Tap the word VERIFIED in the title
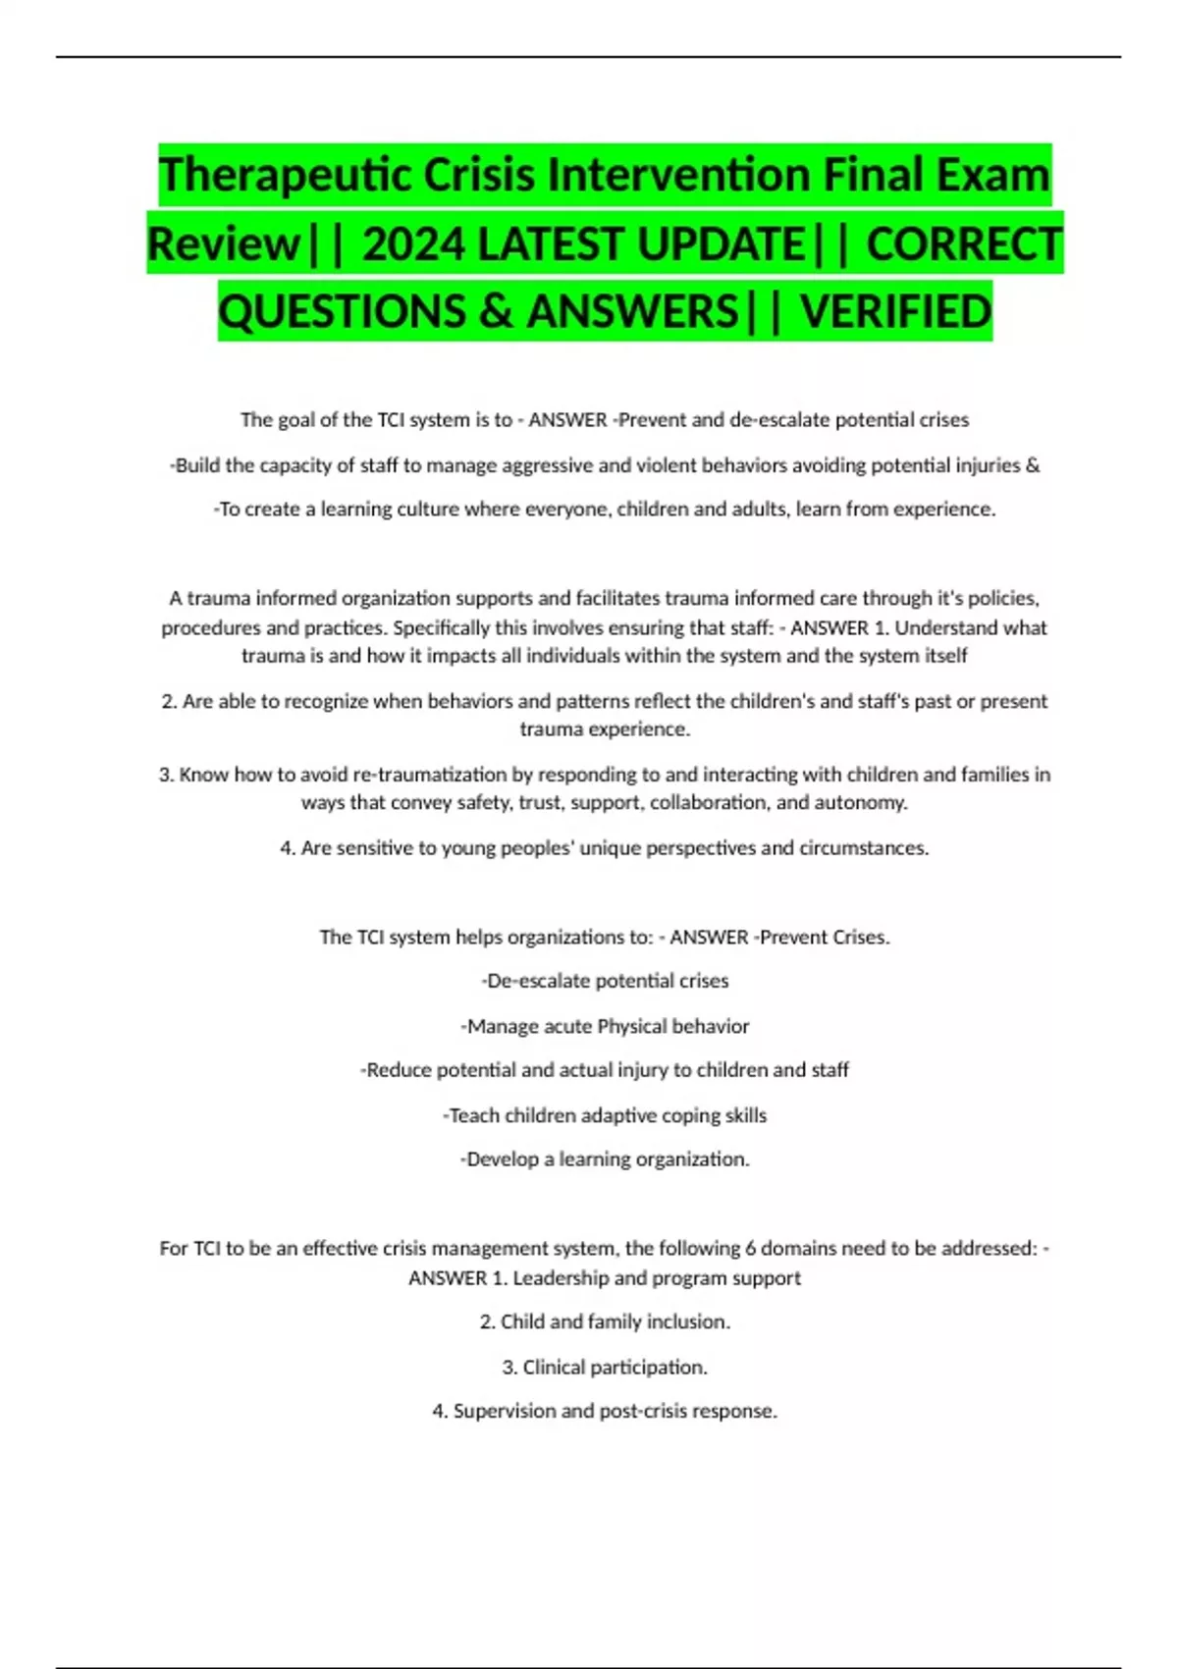[895, 312]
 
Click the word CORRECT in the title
[964, 244]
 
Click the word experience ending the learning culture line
[943, 510]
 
